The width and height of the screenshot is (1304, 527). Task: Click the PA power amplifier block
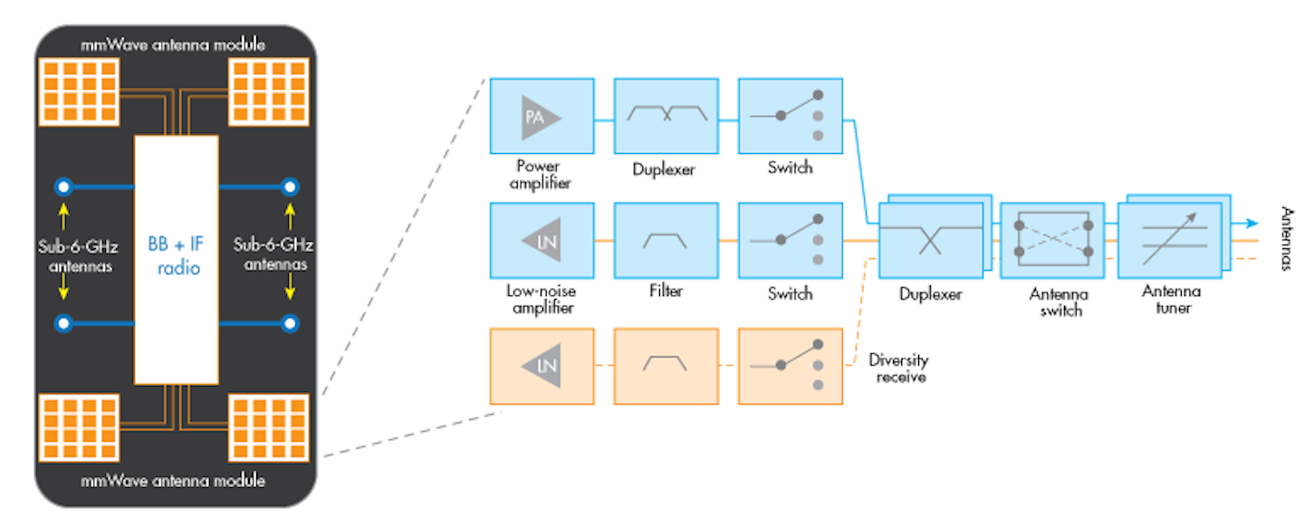tap(542, 116)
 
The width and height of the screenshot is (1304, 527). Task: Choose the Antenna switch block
tap(1053, 239)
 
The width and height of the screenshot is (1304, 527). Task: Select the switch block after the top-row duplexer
tap(790, 116)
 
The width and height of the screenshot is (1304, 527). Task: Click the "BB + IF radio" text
tap(177, 253)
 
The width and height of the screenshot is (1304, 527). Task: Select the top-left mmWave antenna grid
tap(77, 91)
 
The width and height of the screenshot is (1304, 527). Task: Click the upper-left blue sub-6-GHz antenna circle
tap(63, 187)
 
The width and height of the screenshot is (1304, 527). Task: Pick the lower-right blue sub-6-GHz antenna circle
tap(290, 322)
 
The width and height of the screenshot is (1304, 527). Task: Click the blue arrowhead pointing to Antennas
tap(1251, 224)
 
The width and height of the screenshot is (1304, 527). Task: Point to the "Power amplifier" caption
tap(540, 174)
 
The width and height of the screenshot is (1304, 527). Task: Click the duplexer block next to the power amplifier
tap(666, 116)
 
